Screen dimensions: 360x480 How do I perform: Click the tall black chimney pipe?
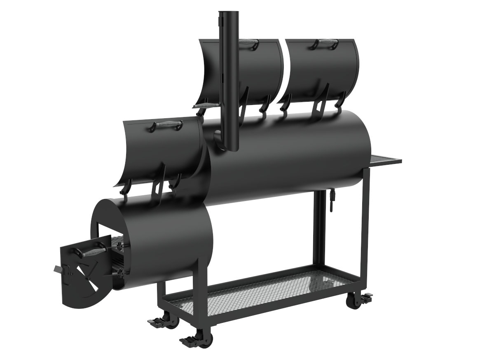229,82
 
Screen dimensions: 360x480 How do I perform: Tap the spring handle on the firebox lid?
166,125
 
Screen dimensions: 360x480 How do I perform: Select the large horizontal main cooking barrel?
288,157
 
